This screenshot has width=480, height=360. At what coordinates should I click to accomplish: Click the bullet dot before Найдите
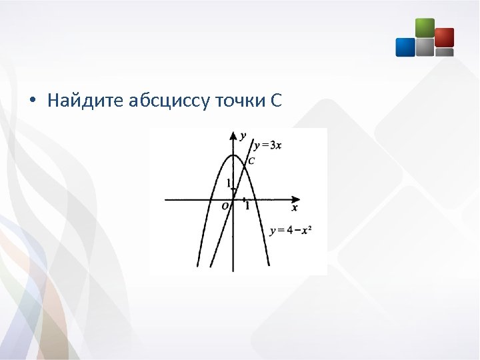31,102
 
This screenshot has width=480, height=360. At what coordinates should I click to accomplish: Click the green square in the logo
425,27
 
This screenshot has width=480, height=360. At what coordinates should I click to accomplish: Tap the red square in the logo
444,37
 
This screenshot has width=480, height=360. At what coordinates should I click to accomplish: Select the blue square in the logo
405,47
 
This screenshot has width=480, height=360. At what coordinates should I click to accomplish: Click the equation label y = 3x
267,145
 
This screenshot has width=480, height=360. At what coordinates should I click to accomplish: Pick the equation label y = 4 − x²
291,231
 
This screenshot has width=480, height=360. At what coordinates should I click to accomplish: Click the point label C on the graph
251,161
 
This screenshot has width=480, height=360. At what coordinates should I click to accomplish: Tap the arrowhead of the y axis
233,135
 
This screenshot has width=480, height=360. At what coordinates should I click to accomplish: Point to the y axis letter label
243,135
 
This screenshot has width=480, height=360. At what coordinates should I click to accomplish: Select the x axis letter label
295,208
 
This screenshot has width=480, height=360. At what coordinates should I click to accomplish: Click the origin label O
226,207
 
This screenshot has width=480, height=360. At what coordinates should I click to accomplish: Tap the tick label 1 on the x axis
247,206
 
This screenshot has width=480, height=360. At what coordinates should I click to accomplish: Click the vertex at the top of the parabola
233,155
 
